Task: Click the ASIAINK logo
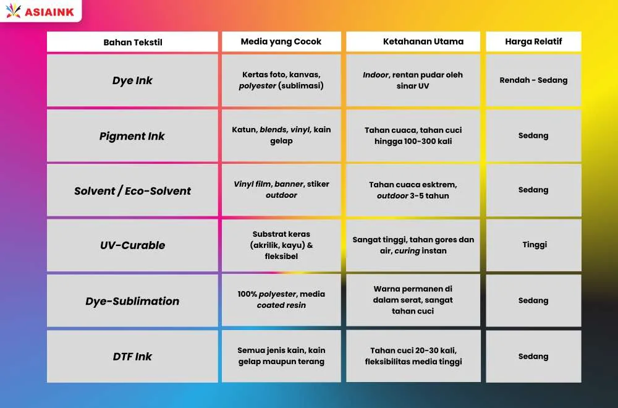tap(40, 11)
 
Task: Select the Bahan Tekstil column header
tap(132, 42)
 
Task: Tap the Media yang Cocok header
tap(281, 41)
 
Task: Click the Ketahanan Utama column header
tap(413, 41)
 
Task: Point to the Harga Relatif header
tap(533, 41)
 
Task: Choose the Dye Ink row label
tap(132, 80)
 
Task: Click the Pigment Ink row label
tap(132, 135)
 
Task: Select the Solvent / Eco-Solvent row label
tap(132, 190)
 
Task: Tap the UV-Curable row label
tap(132, 245)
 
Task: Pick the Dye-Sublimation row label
tap(132, 301)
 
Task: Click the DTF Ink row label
tap(132, 356)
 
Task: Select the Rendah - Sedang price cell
tap(533, 80)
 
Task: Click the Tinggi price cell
tap(533, 245)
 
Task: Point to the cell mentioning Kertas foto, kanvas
tap(281, 80)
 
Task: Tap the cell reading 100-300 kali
tap(413, 135)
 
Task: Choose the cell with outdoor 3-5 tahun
tap(413, 190)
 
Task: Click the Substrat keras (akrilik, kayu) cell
tap(281, 245)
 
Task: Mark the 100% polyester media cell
tap(281, 300)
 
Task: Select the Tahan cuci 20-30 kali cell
tap(413, 356)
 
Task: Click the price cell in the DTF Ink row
tap(533, 356)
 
